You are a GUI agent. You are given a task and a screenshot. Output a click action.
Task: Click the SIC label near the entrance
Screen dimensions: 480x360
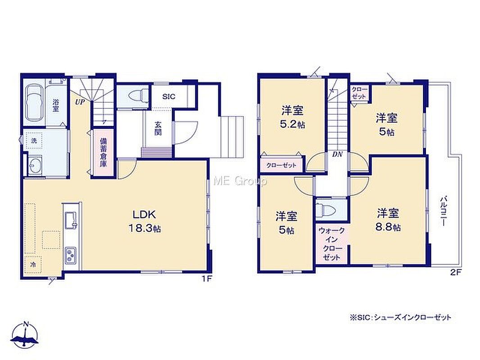click(x=169, y=97)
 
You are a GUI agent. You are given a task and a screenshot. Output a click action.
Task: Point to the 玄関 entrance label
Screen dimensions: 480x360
click(x=158, y=128)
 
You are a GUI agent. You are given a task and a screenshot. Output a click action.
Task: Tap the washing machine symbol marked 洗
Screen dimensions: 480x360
click(x=34, y=141)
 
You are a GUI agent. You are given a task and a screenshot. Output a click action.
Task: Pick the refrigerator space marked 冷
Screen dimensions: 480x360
click(x=33, y=264)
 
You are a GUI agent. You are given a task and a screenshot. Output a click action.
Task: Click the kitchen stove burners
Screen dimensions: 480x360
click(x=70, y=256)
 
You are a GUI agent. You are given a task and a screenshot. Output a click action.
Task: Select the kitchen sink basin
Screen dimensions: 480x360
click(x=71, y=220)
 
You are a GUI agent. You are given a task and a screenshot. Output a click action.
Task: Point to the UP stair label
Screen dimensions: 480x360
click(x=80, y=102)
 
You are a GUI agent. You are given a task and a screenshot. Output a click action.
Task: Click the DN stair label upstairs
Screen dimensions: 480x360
click(x=337, y=154)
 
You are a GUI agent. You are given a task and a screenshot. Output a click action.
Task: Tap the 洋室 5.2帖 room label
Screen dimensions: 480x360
click(x=293, y=117)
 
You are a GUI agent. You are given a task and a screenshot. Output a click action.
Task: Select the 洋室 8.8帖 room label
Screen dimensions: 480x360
click(x=388, y=220)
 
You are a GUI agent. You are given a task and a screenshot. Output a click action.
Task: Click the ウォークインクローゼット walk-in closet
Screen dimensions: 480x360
click(x=332, y=243)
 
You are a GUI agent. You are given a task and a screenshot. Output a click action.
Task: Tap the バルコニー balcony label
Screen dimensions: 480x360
click(x=443, y=211)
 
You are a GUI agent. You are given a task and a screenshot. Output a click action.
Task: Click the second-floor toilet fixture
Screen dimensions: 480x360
click(x=326, y=210)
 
